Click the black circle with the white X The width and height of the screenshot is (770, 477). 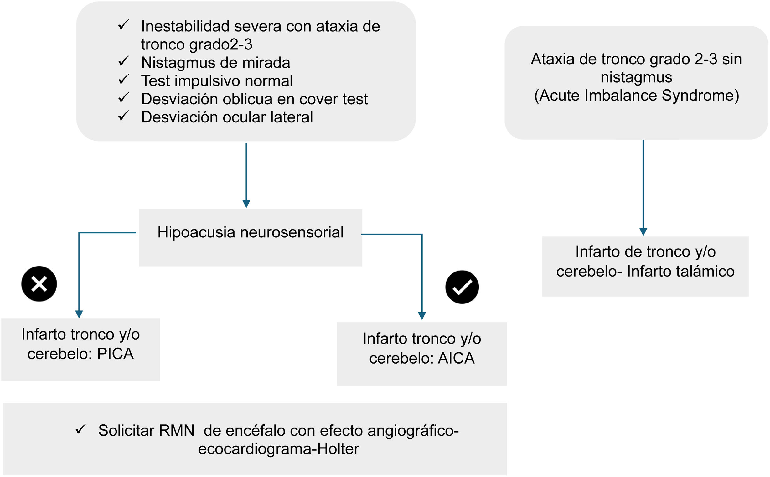[x=39, y=284]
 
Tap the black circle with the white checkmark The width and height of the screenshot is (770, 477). [x=462, y=287]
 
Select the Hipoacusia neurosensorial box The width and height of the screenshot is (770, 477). [x=251, y=237]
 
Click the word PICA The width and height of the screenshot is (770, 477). [x=116, y=354]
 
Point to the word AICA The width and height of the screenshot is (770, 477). [x=456, y=358]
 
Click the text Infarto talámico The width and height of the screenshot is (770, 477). [x=680, y=271]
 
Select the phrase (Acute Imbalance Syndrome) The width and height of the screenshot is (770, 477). [x=637, y=96]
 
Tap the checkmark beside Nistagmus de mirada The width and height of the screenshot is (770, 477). [x=123, y=61]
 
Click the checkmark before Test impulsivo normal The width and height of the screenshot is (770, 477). [x=123, y=80]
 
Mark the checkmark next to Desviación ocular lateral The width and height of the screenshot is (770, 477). [x=123, y=116]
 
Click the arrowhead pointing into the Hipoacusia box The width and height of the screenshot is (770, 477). [x=246, y=204]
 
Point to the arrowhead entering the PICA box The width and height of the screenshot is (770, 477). [x=79, y=314]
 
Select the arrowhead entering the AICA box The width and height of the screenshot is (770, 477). [x=422, y=316]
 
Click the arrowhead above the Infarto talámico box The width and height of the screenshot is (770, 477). [x=643, y=232]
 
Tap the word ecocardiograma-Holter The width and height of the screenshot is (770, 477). [x=278, y=449]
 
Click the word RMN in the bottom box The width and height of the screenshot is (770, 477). [x=177, y=431]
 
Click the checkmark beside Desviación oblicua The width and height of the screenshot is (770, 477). [x=123, y=98]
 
